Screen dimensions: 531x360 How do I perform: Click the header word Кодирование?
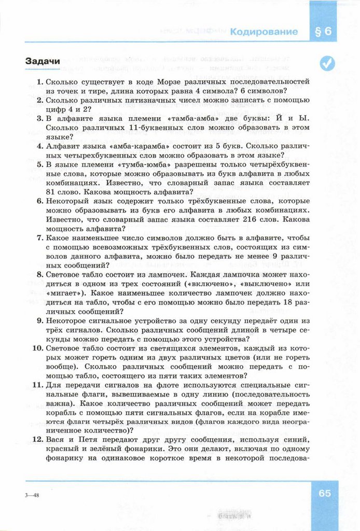pyautogui.click(x=265, y=32)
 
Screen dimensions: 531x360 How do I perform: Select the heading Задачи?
pyautogui.click(x=43, y=61)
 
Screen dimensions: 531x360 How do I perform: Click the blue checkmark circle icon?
pyautogui.click(x=327, y=63)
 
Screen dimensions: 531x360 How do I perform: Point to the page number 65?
pyautogui.click(x=325, y=493)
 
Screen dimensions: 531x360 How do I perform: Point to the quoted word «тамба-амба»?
pyautogui.click(x=190, y=118)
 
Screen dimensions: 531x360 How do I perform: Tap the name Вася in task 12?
pyautogui.click(x=56, y=440)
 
